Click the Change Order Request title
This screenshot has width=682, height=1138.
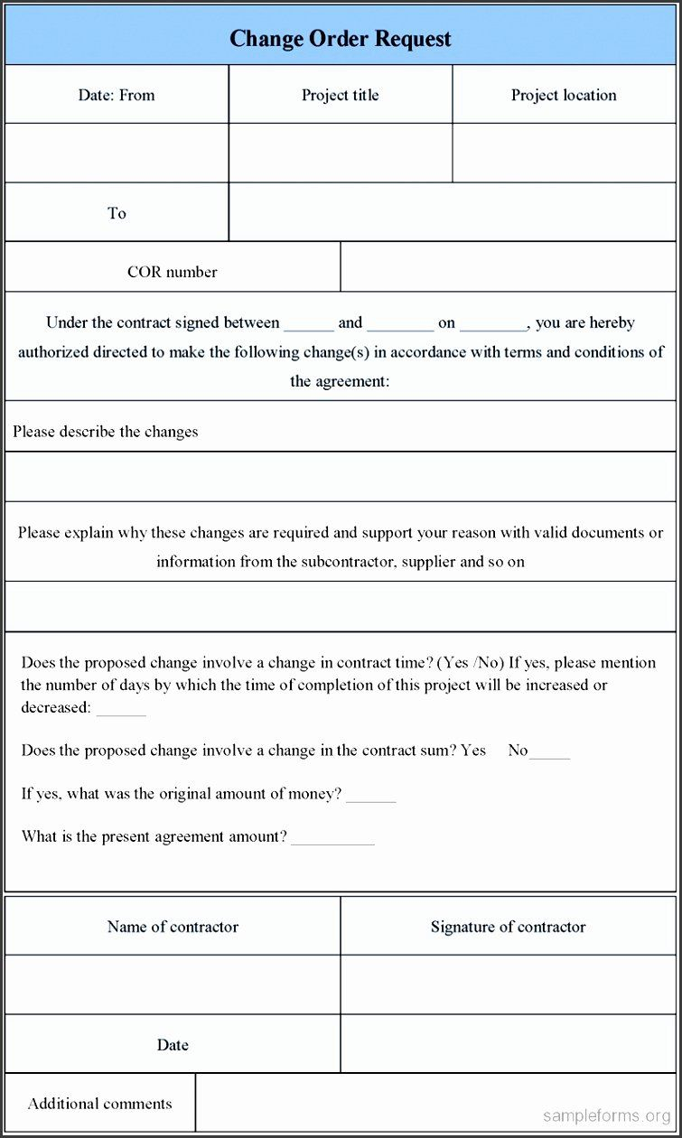point(341,39)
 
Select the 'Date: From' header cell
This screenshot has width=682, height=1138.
point(117,95)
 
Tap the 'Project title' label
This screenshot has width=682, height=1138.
point(341,95)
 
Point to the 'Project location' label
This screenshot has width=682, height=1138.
point(564,95)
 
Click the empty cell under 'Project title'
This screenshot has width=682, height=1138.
point(341,153)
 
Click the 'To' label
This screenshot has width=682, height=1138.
point(117,213)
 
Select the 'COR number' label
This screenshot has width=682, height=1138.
point(173,272)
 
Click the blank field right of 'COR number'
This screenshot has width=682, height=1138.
point(508,267)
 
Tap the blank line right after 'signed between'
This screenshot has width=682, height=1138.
point(309,327)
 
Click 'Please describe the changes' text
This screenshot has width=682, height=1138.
point(106,432)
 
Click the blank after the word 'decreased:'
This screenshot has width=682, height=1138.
point(121,711)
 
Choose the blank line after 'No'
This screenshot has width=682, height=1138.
point(549,754)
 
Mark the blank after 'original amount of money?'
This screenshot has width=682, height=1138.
point(371,798)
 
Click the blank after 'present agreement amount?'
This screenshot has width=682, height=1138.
point(332,841)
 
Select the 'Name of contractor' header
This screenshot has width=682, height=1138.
point(173,927)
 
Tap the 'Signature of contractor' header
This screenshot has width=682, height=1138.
point(508,927)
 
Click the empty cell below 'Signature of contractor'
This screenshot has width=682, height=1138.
point(508,984)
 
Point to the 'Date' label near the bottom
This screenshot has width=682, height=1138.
point(173,1045)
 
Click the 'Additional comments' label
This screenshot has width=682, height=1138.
point(100,1104)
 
